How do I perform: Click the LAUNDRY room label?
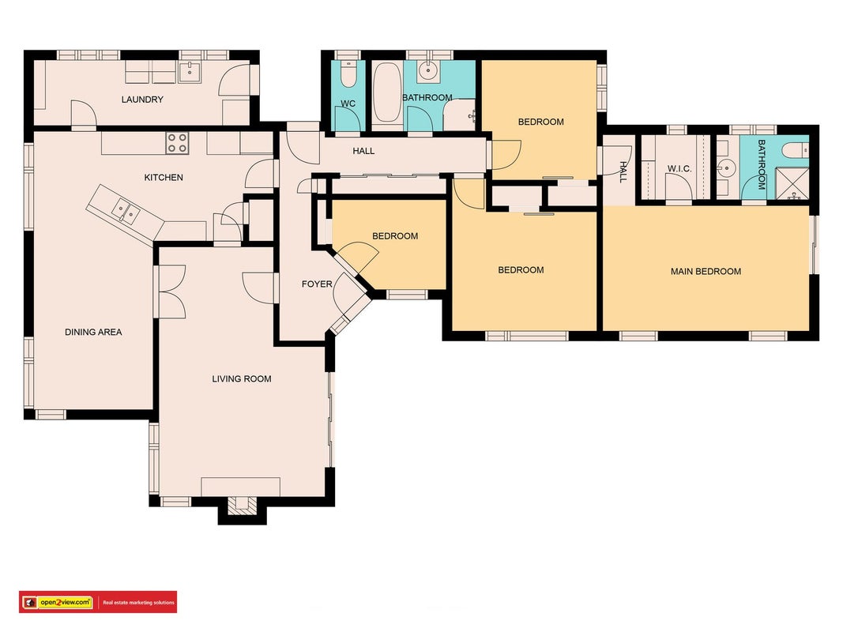(x=142, y=100)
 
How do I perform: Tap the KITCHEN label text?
(x=164, y=177)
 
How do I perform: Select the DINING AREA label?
(x=93, y=332)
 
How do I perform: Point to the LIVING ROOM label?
(x=242, y=379)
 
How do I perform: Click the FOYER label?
(x=317, y=284)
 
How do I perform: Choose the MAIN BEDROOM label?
(x=706, y=272)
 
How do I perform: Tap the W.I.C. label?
(x=679, y=169)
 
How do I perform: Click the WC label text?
(x=348, y=103)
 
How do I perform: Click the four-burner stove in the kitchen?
(x=177, y=143)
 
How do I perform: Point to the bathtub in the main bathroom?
(x=387, y=92)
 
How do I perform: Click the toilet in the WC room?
(x=348, y=75)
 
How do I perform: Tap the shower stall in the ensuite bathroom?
(x=792, y=184)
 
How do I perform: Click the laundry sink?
(x=190, y=72)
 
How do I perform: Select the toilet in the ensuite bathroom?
(x=795, y=150)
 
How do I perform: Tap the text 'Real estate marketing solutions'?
(x=139, y=603)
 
